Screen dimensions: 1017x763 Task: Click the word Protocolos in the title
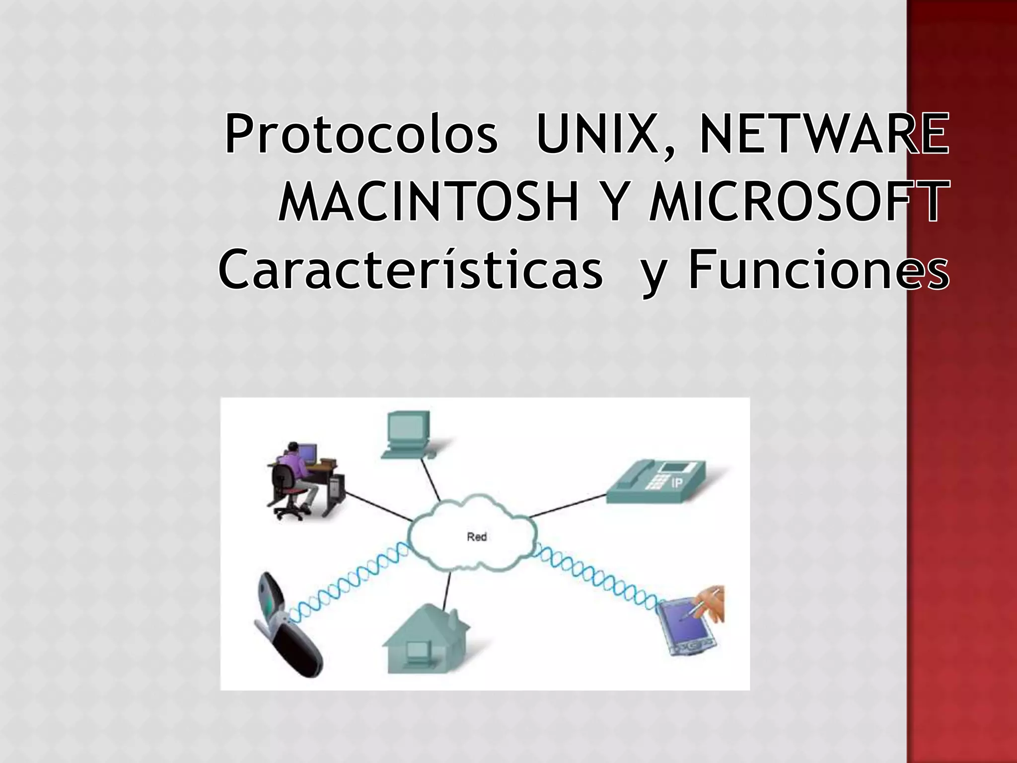[x=361, y=134]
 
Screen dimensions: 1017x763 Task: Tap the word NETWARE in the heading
[x=824, y=134]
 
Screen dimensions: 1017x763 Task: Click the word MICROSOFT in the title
[x=799, y=202]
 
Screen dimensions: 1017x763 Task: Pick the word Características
[x=411, y=271]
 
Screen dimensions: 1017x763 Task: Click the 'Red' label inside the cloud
[x=477, y=537]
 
